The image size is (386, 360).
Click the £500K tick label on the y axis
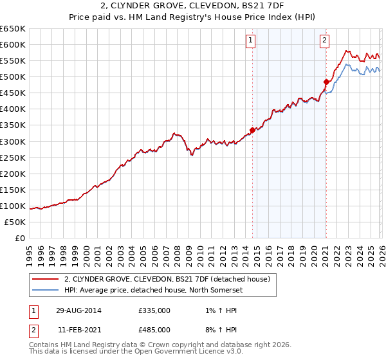13,77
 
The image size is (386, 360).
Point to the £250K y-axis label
13,157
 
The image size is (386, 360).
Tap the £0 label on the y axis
20,238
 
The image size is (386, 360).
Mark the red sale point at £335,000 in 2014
252,130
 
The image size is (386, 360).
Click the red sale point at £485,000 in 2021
326,82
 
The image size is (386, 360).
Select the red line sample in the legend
46,279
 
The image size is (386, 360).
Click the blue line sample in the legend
46,289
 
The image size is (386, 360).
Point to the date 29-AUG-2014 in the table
78,310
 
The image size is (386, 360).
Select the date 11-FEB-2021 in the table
78,329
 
